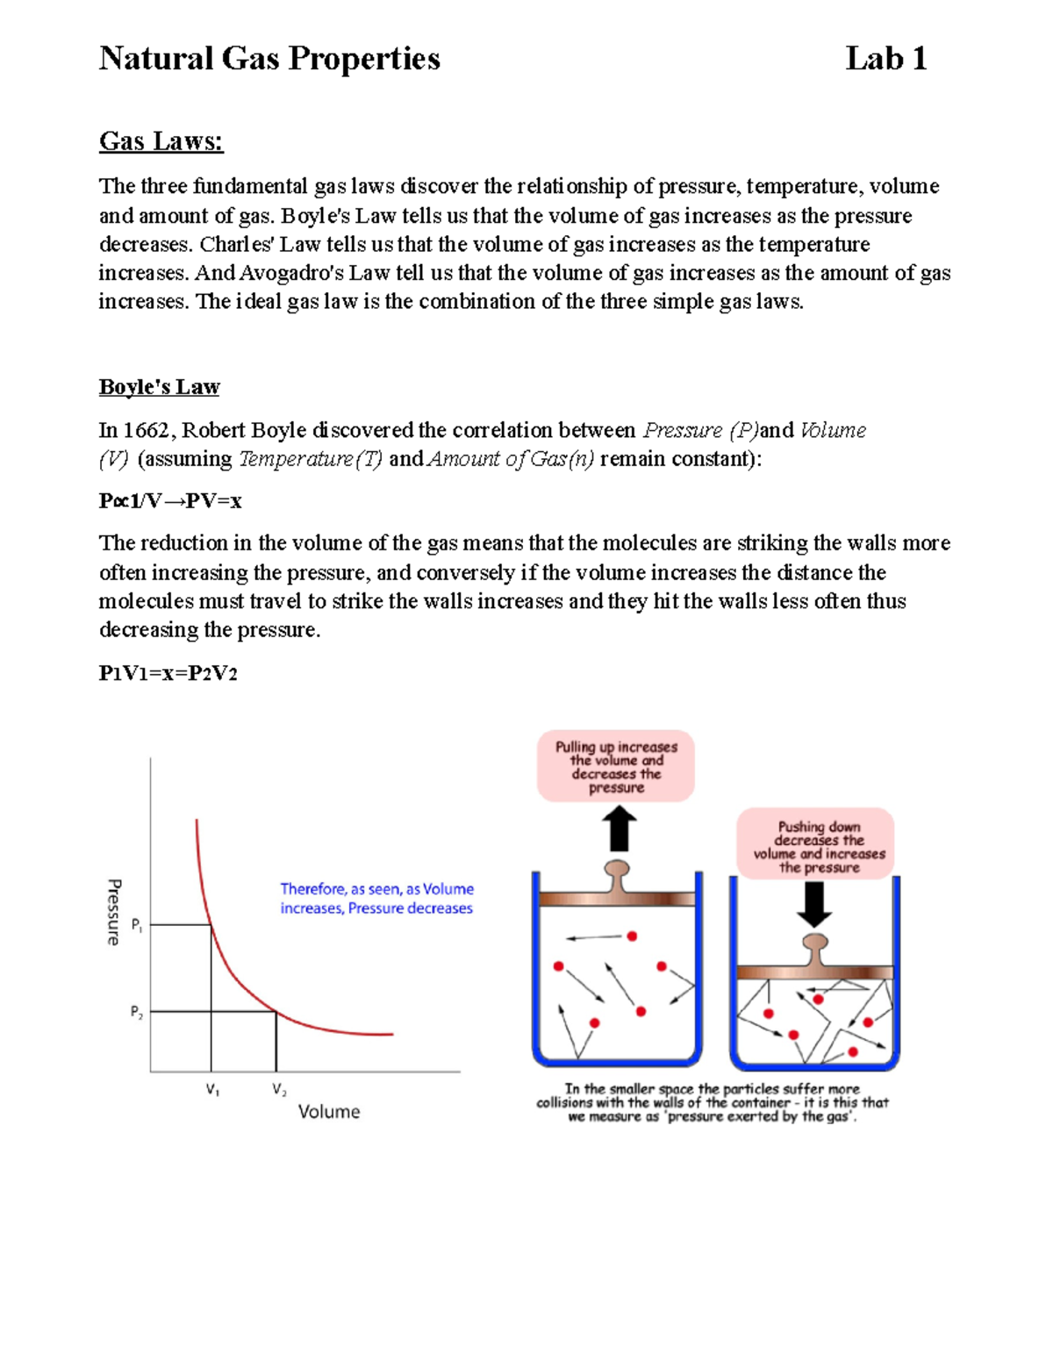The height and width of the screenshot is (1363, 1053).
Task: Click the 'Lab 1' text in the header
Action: click(x=885, y=59)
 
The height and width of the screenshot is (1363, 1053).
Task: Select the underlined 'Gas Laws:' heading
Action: click(x=161, y=140)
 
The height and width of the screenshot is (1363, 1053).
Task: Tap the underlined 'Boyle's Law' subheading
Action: click(x=159, y=387)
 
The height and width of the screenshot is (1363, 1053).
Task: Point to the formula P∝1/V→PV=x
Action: click(x=170, y=501)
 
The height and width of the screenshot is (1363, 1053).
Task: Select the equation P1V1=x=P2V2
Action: click(x=168, y=673)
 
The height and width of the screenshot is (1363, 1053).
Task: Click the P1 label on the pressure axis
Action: click(x=137, y=924)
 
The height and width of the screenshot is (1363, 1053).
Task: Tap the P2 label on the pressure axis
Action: click(x=137, y=1012)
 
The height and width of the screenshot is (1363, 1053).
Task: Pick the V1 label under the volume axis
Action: click(x=212, y=1090)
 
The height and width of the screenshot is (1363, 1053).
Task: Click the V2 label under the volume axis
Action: click(x=279, y=1090)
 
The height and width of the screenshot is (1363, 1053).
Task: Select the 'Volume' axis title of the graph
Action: click(x=329, y=1112)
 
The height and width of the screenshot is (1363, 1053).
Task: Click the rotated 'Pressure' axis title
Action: click(x=114, y=912)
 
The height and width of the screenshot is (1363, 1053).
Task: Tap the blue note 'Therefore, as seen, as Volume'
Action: click(x=376, y=889)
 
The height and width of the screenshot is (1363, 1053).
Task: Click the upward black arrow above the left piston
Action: click(x=620, y=829)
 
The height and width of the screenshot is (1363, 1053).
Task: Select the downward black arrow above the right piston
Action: click(x=815, y=904)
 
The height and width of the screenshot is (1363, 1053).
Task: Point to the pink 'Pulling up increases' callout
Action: click(x=616, y=767)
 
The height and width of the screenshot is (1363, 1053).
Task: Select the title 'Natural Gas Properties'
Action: click(x=269, y=59)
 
